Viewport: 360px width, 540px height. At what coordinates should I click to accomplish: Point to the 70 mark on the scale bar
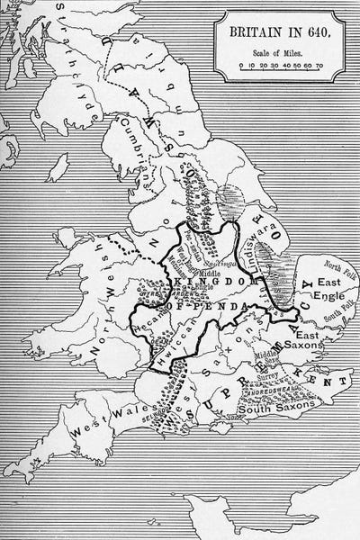pos(321,66)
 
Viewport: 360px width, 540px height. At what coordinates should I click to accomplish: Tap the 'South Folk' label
pos(338,317)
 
